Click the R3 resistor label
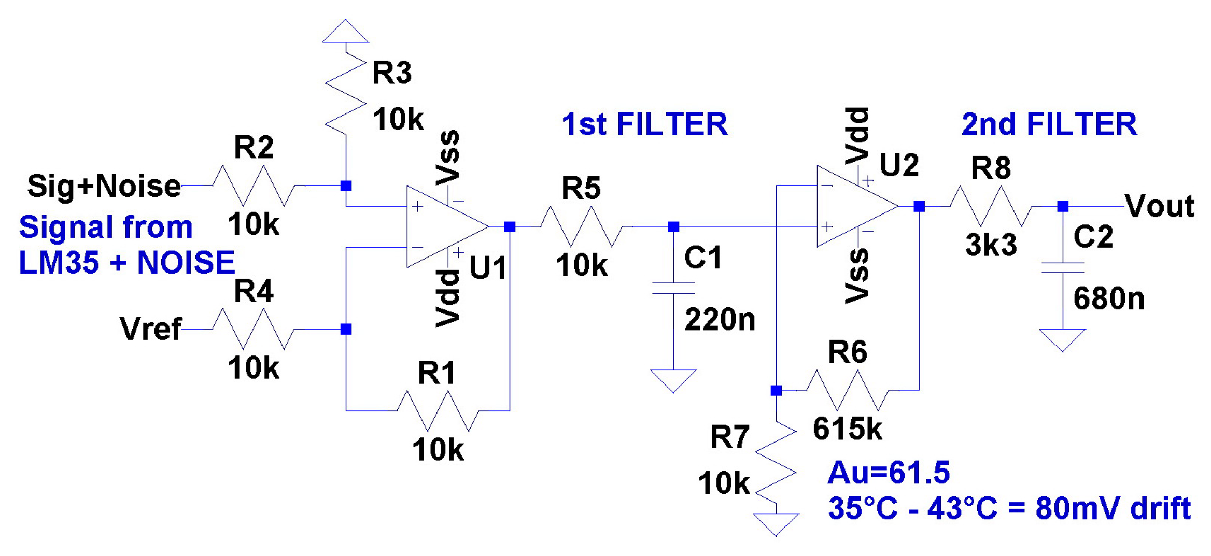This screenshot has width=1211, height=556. (x=392, y=73)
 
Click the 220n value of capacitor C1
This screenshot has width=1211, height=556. (x=720, y=319)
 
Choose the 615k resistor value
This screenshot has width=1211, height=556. (x=847, y=429)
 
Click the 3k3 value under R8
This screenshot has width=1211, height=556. (x=991, y=245)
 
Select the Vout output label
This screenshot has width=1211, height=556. (x=1160, y=206)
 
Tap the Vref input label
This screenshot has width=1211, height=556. (x=150, y=329)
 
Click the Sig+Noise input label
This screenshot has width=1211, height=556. (x=104, y=186)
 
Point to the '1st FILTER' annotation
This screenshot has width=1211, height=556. (x=644, y=124)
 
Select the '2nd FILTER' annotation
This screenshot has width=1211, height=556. (x=1049, y=124)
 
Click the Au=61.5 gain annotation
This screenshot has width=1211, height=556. (x=889, y=473)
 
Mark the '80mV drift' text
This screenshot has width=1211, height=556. (x=1113, y=508)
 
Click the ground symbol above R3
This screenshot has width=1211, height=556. (x=345, y=32)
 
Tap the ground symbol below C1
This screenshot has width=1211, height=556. (x=673, y=380)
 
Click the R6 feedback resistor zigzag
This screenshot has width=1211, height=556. (x=847, y=390)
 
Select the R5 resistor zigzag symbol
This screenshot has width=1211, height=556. (x=581, y=226)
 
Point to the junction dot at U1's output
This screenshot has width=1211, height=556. (x=510, y=226)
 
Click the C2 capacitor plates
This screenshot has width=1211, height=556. (x=1063, y=267)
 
